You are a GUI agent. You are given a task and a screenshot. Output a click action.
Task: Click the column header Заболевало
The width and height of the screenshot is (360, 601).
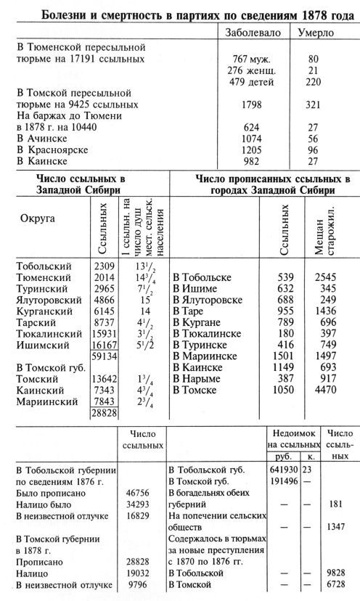coord(255,33)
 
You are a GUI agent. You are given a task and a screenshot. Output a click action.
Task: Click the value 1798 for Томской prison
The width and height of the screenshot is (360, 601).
coord(255,104)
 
